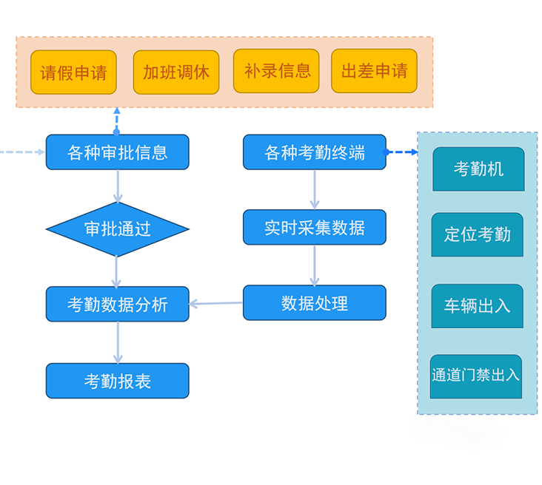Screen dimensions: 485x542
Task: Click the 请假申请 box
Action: click(73, 72)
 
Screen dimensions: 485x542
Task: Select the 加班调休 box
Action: click(176, 72)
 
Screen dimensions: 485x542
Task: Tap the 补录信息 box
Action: click(276, 71)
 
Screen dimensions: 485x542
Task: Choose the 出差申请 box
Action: click(374, 71)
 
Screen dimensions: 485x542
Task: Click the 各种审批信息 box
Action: click(117, 152)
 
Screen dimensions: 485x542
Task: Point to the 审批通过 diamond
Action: click(117, 229)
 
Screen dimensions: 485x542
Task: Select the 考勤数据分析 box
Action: click(117, 304)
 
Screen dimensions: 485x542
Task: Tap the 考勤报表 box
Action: click(117, 381)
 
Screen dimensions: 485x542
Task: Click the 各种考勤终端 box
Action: click(315, 152)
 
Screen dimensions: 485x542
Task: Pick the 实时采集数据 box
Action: click(315, 227)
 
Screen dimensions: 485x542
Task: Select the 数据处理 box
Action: click(315, 303)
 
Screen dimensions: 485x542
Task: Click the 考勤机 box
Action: click(478, 169)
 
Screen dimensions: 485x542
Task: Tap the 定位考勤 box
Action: click(478, 235)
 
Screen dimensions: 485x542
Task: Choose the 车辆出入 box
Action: click(478, 306)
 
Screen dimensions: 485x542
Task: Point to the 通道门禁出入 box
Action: click(476, 376)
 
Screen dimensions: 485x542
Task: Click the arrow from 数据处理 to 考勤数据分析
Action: click(216, 303)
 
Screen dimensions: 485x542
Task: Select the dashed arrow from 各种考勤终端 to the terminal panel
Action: click(401, 152)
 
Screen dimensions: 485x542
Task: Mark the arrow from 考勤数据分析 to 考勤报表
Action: click(117, 342)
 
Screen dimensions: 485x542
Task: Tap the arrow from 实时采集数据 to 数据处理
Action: click(315, 265)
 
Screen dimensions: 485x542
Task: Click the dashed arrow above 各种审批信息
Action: click(117, 121)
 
